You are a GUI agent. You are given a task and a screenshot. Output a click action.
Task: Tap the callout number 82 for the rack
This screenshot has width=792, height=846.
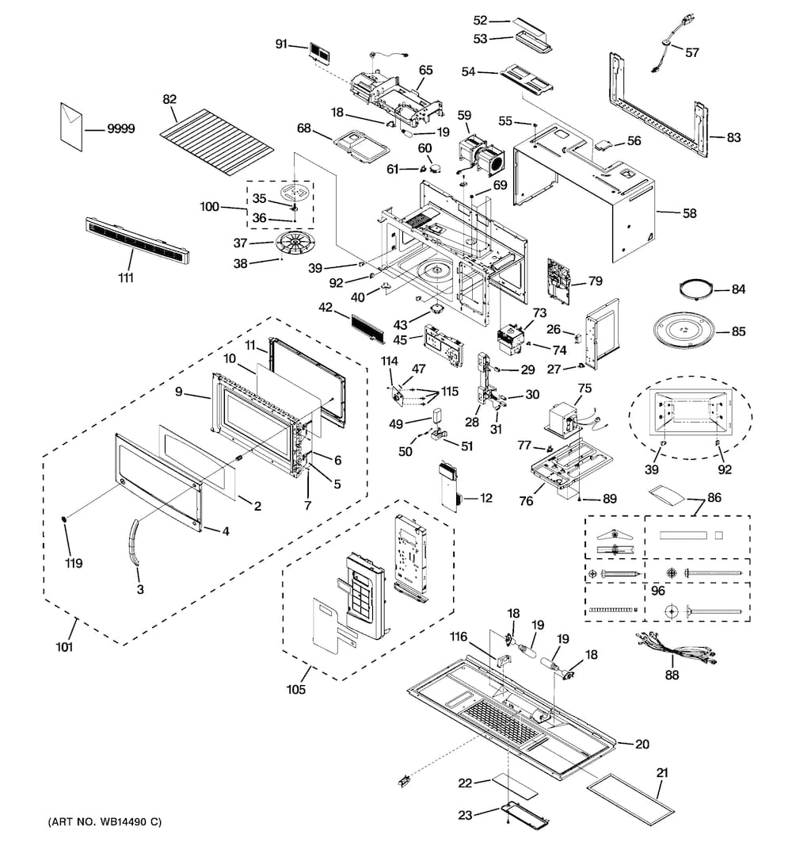[169, 99]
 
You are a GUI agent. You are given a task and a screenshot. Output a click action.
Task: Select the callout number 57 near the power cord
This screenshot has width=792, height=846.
[692, 53]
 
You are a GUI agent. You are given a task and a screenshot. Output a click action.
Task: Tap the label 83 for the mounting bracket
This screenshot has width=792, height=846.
[733, 137]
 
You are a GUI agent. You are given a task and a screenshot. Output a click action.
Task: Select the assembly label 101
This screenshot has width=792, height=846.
[64, 647]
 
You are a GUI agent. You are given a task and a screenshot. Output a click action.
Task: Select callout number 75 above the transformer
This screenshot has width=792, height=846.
[584, 389]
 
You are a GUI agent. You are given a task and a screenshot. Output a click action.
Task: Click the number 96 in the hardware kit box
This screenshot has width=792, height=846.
[658, 591]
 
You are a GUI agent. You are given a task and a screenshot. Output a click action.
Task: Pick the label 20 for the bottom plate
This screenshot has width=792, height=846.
[642, 744]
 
